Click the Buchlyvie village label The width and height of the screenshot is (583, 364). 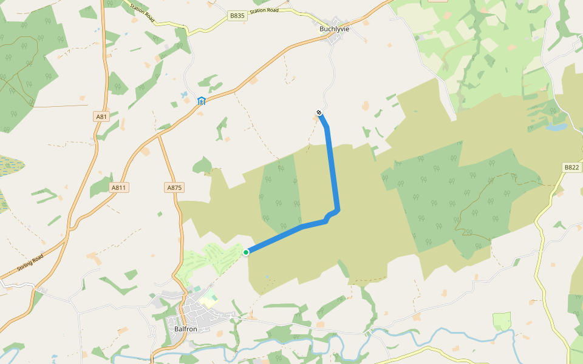[335, 29]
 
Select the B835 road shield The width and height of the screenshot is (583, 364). [238, 16]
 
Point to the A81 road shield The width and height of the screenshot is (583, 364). [101, 116]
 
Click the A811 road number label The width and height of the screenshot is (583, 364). [119, 187]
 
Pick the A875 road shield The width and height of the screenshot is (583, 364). [174, 187]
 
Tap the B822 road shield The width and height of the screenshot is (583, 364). [571, 167]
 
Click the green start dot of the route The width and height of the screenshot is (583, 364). [246, 252]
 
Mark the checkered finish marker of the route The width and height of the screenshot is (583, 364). [319, 112]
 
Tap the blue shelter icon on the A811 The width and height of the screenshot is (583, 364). [202, 101]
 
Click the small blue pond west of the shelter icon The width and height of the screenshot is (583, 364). [183, 95]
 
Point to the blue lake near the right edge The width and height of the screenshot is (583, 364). [556, 127]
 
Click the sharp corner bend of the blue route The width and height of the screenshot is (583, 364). [337, 210]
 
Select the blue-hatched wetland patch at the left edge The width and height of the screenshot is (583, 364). [9, 166]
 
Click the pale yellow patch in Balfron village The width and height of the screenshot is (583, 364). [210, 300]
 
